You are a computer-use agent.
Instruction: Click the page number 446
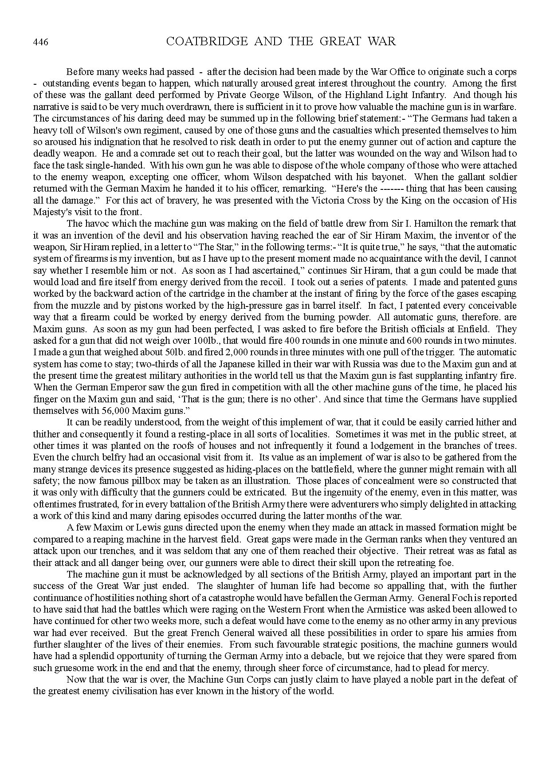(40, 42)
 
